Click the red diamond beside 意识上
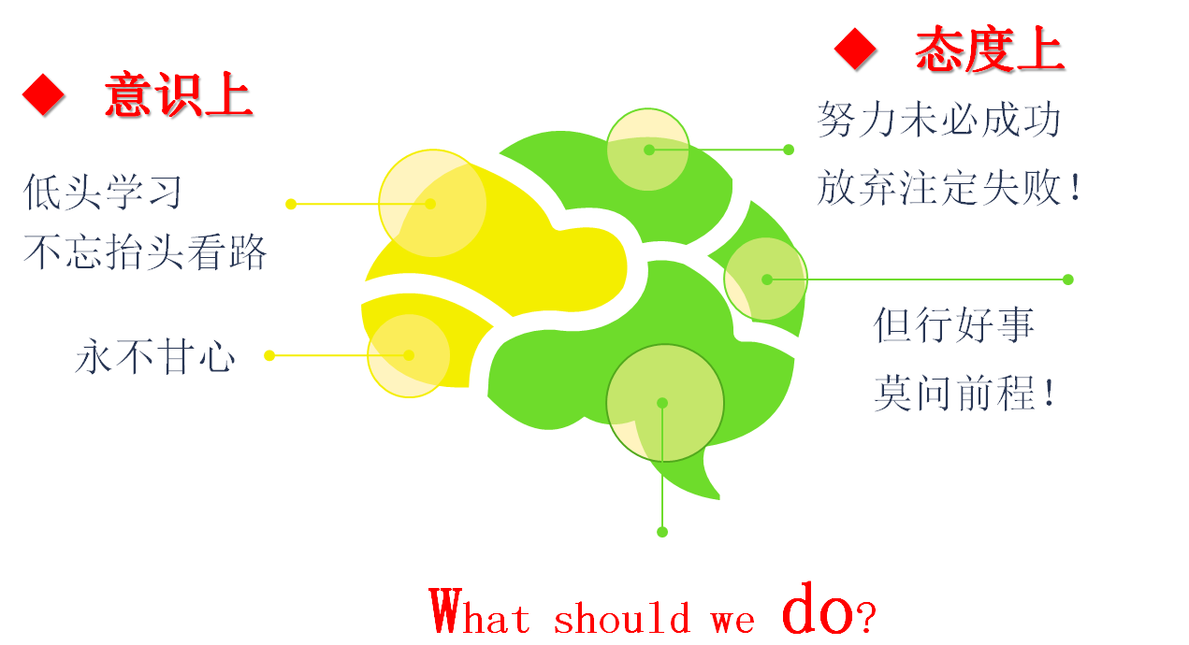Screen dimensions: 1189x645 [x=44, y=95]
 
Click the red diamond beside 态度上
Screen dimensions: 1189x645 [x=855, y=49]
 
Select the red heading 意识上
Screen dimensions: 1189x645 [x=179, y=94]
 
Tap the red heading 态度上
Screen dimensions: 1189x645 [x=990, y=49]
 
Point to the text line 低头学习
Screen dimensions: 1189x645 [x=103, y=192]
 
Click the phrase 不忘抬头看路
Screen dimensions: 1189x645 [x=145, y=251]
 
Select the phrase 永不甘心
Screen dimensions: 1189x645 [x=155, y=356]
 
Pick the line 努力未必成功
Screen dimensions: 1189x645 [x=938, y=120]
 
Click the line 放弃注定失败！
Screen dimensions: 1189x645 [x=950, y=187]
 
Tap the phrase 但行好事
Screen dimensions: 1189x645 [x=954, y=324]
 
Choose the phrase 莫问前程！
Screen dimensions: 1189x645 [x=964, y=393]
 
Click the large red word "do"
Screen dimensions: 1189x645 [x=818, y=608]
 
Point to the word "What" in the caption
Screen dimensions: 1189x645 [x=480, y=611]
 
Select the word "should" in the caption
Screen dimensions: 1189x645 [x=621, y=617]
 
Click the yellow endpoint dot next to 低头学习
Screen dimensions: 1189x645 [x=291, y=204]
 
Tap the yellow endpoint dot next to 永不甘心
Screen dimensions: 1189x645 [x=269, y=355]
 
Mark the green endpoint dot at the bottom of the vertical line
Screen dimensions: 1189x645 [x=662, y=532]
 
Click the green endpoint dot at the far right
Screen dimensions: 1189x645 [x=1068, y=279]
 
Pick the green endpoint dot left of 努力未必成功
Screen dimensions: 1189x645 [x=789, y=150]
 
